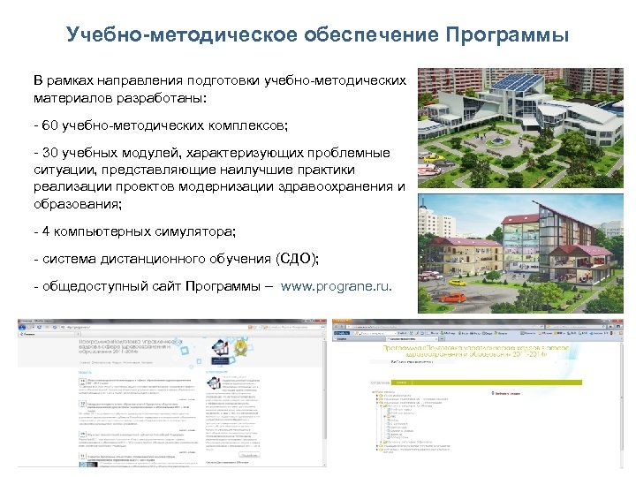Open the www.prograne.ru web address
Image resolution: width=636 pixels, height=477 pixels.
[336, 287]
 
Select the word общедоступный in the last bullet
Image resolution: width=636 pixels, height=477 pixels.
[85, 287]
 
